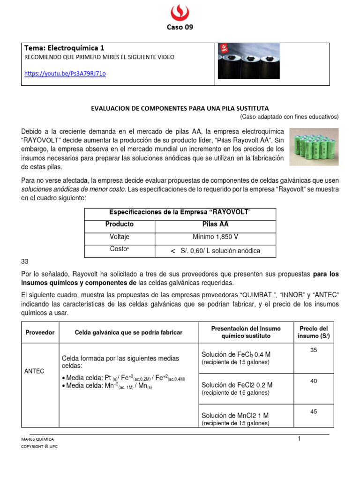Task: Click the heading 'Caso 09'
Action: (180, 27)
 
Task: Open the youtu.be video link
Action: (65, 74)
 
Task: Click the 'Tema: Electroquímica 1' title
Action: (64, 48)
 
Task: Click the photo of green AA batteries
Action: (314, 147)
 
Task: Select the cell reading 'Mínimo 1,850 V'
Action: (215, 237)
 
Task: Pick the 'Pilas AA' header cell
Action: (215, 224)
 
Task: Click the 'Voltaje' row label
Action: (120, 237)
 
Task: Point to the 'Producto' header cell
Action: (120, 224)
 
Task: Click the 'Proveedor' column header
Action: (40, 332)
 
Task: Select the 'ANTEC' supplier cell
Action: (34, 371)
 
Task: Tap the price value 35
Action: (314, 350)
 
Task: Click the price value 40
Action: (314, 381)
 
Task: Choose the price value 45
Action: (314, 412)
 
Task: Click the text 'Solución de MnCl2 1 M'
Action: (235, 415)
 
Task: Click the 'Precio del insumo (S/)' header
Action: (314, 332)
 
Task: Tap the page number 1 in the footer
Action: (299, 438)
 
